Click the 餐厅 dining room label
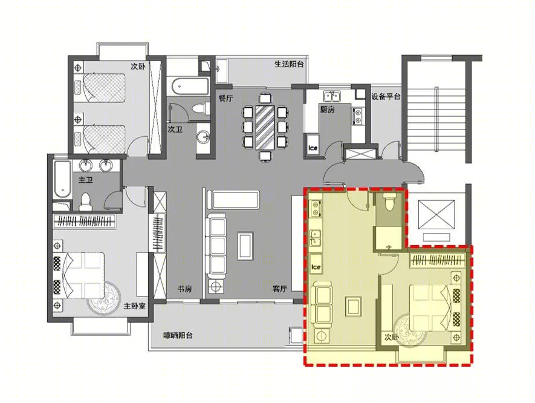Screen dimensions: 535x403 pos(225,99)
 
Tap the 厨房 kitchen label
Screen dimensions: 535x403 pos(327,110)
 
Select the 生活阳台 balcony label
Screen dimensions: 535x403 pos(289,64)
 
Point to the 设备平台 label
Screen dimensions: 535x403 pos(386,97)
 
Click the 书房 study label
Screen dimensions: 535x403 pos(184,289)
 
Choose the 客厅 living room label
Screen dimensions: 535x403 pos(280,289)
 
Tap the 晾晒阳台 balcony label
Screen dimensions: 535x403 pos(178,335)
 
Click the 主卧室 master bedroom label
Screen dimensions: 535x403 pos(134,306)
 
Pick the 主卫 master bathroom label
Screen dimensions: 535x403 pos(86,180)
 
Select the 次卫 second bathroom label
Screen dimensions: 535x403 pos(175,129)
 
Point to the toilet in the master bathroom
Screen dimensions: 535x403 pos(85,201)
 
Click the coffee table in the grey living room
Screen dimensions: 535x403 pos(245,246)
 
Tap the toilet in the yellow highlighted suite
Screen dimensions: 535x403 pos(389,201)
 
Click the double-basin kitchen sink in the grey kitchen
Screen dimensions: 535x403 pos(332,97)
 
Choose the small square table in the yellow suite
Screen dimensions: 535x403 pos(353,306)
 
